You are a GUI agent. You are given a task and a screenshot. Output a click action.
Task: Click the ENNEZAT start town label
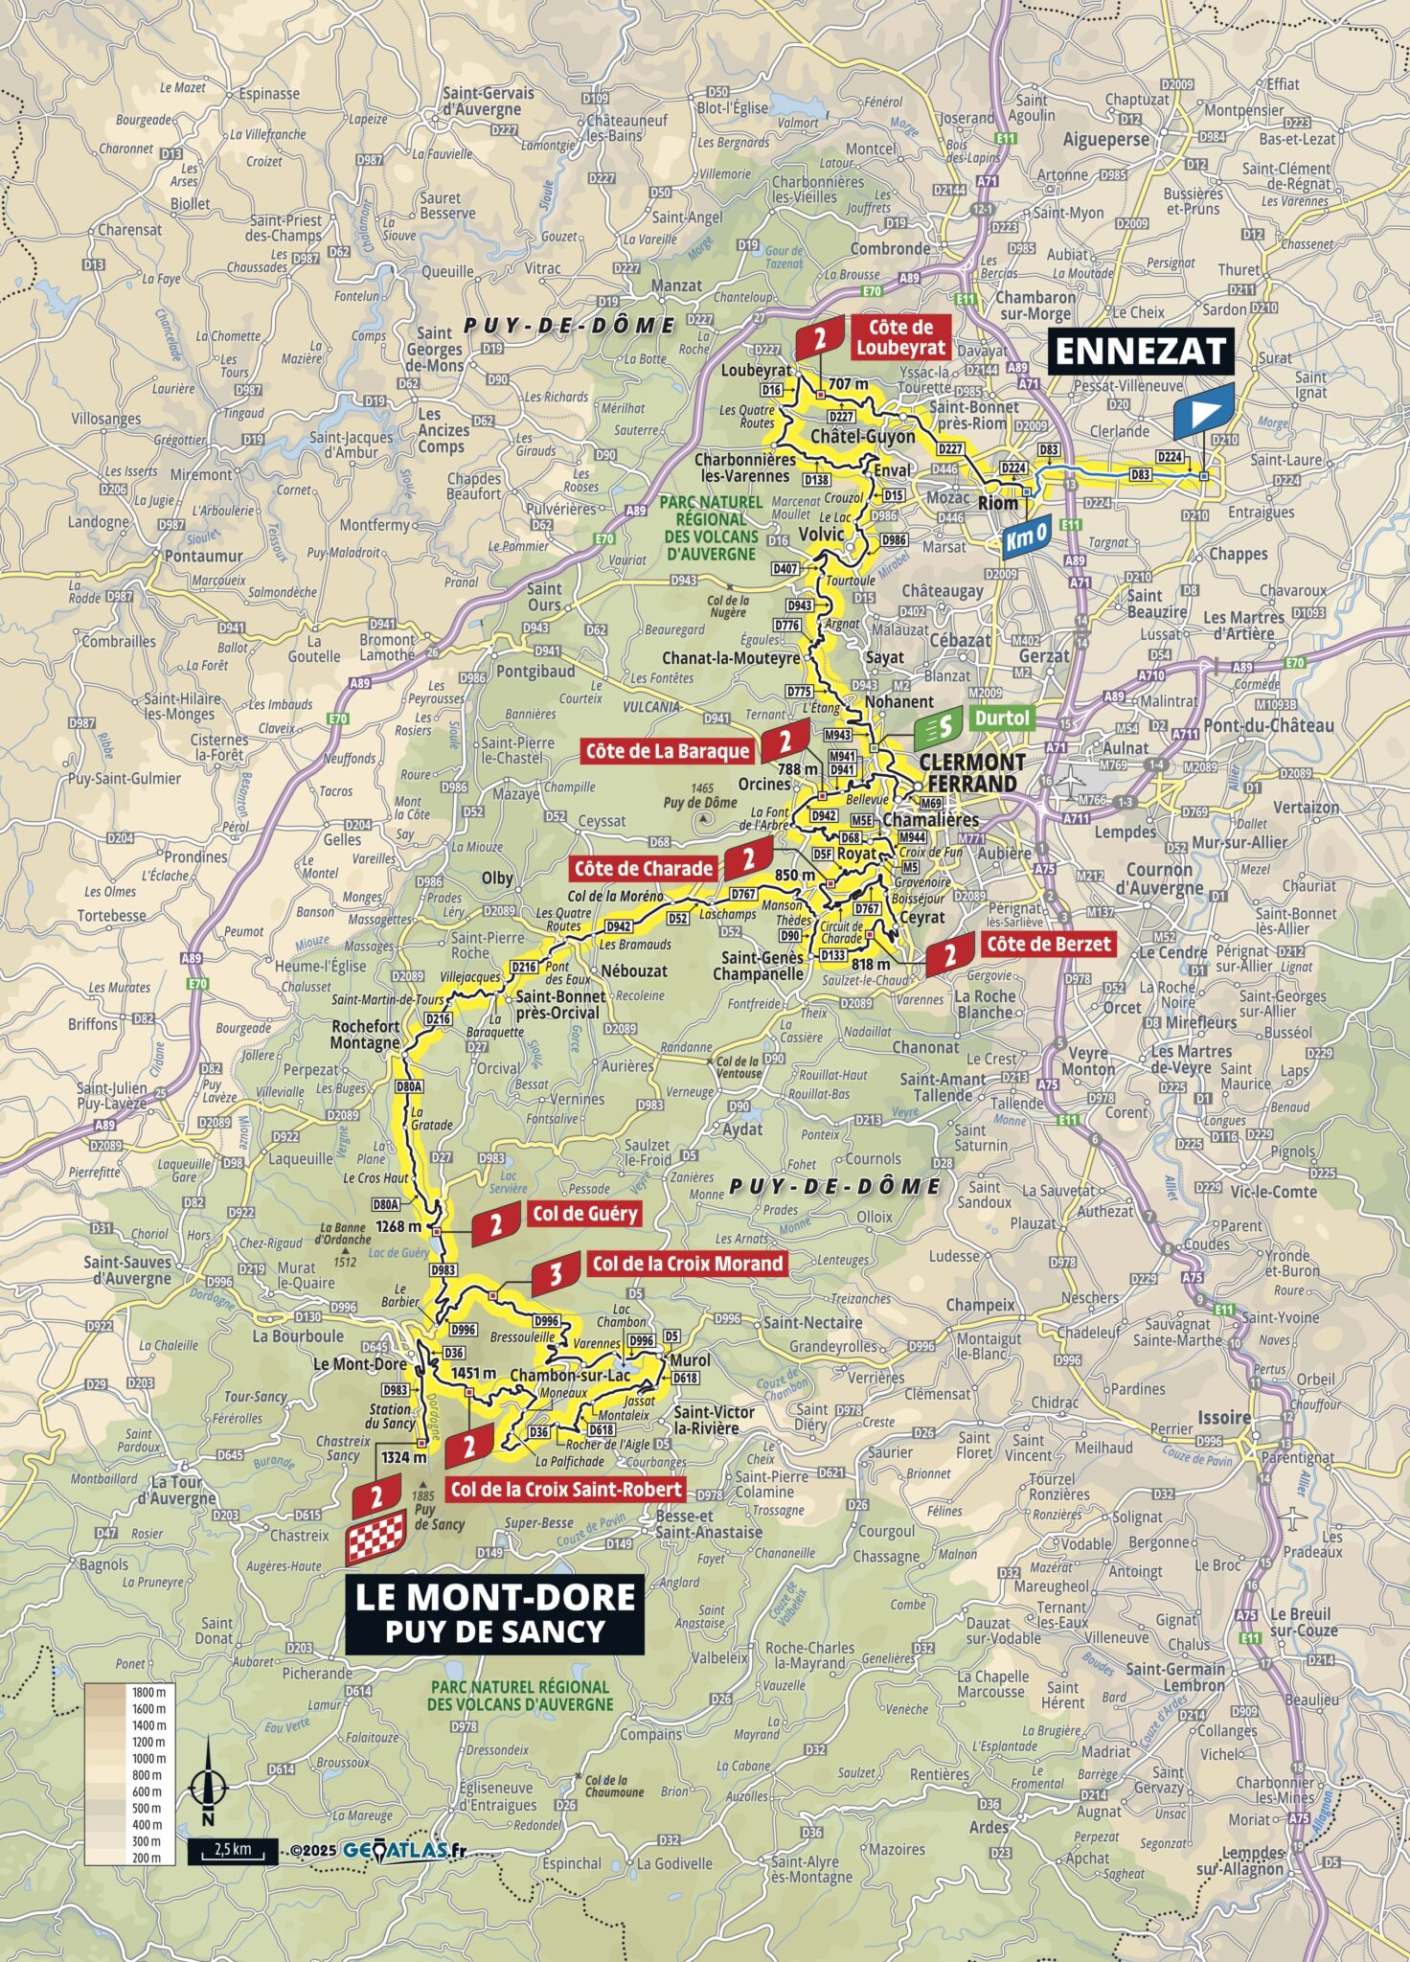coord(1140,352)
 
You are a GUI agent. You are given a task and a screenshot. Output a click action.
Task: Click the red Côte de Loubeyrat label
coord(899,337)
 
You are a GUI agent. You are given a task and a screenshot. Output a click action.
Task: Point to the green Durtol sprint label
coord(1001,719)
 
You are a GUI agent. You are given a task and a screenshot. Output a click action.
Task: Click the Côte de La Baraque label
coord(668,751)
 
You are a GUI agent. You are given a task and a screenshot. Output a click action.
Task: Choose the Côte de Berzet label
coord(1048,944)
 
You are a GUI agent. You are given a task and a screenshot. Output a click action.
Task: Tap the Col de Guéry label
coord(584,1214)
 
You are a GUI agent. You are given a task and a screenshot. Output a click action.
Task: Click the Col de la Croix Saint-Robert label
coord(566,1489)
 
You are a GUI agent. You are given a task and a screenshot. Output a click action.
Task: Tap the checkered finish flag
coord(375,1539)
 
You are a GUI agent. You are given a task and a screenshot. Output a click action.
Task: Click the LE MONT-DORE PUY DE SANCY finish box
coord(494,1613)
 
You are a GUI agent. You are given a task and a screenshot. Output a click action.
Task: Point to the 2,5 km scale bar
coord(233,1850)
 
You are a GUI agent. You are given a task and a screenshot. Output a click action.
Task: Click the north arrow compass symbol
coord(208,1785)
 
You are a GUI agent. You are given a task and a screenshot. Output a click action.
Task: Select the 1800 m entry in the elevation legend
coord(149,1692)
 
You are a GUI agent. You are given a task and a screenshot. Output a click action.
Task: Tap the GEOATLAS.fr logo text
coord(403,1850)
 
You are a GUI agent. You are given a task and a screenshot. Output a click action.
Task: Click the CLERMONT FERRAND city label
coord(971,772)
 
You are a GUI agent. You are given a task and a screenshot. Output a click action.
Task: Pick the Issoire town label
coord(1223,1417)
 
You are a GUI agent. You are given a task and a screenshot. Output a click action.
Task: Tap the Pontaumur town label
coord(203,556)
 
